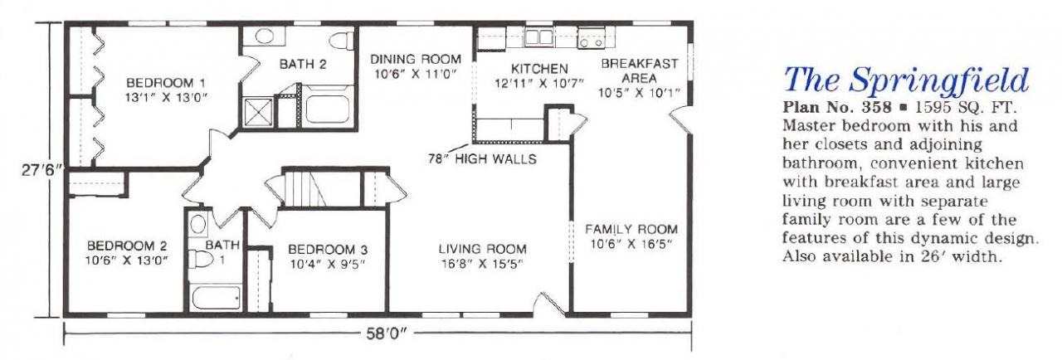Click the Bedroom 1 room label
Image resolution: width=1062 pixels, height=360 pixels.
coord(166,83)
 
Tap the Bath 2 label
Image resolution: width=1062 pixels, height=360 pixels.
coord(303,64)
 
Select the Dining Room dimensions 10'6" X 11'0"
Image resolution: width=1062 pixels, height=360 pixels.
coord(416,75)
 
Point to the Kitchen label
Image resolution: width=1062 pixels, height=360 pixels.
coord(539,69)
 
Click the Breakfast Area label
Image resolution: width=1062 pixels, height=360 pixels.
coord(640,71)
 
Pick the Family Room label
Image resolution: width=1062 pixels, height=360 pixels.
coord(631,229)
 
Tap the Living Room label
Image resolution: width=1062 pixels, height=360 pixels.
coord(482,249)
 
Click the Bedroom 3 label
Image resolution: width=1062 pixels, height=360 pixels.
coord(328,249)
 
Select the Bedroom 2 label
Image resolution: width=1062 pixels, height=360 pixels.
coord(127,246)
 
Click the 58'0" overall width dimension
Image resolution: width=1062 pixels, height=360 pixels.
coord(387,334)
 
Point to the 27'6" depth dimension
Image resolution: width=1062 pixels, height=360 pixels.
coord(41,170)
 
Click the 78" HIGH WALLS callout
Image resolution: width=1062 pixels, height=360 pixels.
coord(482,159)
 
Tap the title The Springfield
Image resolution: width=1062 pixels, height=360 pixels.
coord(906,80)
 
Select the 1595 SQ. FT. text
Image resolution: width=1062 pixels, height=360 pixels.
coord(966,107)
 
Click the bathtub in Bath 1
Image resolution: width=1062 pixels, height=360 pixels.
coord(216,298)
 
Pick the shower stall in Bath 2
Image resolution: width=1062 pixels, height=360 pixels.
coord(258,112)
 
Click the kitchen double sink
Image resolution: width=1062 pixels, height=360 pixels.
coord(538,37)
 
